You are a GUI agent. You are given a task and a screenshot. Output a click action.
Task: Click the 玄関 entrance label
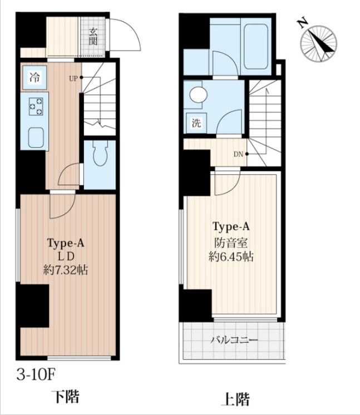[93, 37]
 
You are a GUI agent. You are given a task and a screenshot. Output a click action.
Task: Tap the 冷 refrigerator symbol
[34, 77]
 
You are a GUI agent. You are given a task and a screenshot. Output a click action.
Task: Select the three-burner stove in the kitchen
[36, 107]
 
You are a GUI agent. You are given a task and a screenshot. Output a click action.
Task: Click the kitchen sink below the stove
[36, 137]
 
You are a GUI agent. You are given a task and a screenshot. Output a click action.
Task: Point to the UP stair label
[73, 78]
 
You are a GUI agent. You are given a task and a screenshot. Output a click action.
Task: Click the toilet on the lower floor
[100, 154]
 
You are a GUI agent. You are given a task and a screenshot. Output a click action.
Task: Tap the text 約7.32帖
[66, 270]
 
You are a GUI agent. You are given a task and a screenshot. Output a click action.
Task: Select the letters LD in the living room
[66, 256]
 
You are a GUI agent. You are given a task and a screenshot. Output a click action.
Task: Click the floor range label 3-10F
[36, 374]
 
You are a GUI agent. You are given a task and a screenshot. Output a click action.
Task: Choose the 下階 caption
[66, 396]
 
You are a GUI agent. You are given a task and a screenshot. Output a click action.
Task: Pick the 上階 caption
[235, 399]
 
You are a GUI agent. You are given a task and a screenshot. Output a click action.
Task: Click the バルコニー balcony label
[234, 339]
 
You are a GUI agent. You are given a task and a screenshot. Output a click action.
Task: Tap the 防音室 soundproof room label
[231, 243]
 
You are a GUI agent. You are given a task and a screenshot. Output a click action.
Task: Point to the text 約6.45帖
[231, 256]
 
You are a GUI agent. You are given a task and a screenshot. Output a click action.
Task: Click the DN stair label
[238, 154]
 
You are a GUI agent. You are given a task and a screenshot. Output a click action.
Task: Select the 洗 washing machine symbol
[196, 123]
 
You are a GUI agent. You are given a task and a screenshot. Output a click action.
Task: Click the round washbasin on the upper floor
[199, 95]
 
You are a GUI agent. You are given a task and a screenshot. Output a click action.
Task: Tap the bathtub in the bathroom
[257, 47]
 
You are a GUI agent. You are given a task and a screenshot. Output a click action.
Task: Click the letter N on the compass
[303, 23]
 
